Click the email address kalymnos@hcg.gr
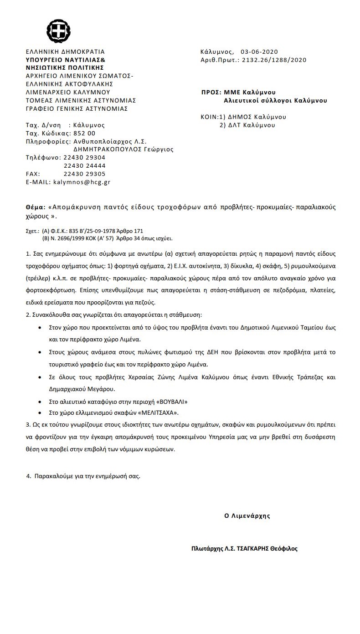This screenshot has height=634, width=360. pyautogui.click(x=82, y=182)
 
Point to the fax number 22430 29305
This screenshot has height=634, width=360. pyautogui.click(x=84, y=174)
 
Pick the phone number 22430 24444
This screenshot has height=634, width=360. pyautogui.click(x=84, y=166)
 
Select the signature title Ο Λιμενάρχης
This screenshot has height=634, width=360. pyautogui.click(x=247, y=516)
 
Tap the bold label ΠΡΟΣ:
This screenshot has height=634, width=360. pyautogui.click(x=211, y=93)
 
